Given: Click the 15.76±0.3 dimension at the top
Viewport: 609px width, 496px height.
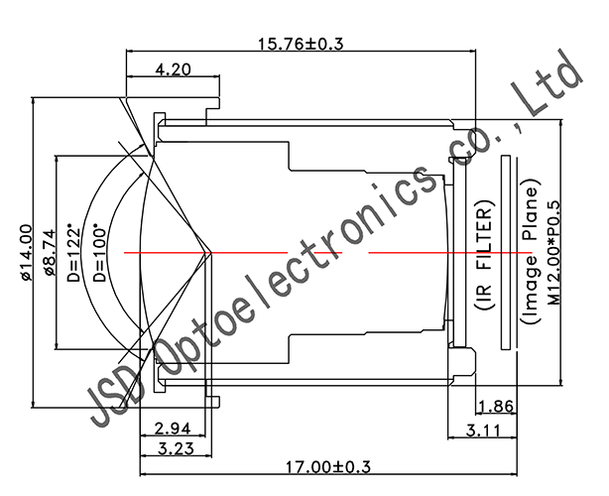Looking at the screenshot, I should click(299, 43).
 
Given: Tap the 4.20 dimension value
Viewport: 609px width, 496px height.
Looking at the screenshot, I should click(174, 70).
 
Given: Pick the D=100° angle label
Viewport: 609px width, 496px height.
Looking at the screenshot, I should click(99, 255).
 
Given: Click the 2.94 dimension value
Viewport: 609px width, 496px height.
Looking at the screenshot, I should click(174, 428).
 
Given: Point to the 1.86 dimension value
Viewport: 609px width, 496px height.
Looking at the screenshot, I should click(495, 406).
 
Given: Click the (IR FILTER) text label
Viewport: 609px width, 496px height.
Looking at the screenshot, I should click(485, 255).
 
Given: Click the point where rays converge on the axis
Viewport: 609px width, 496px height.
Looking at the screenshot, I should click(210, 252).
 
